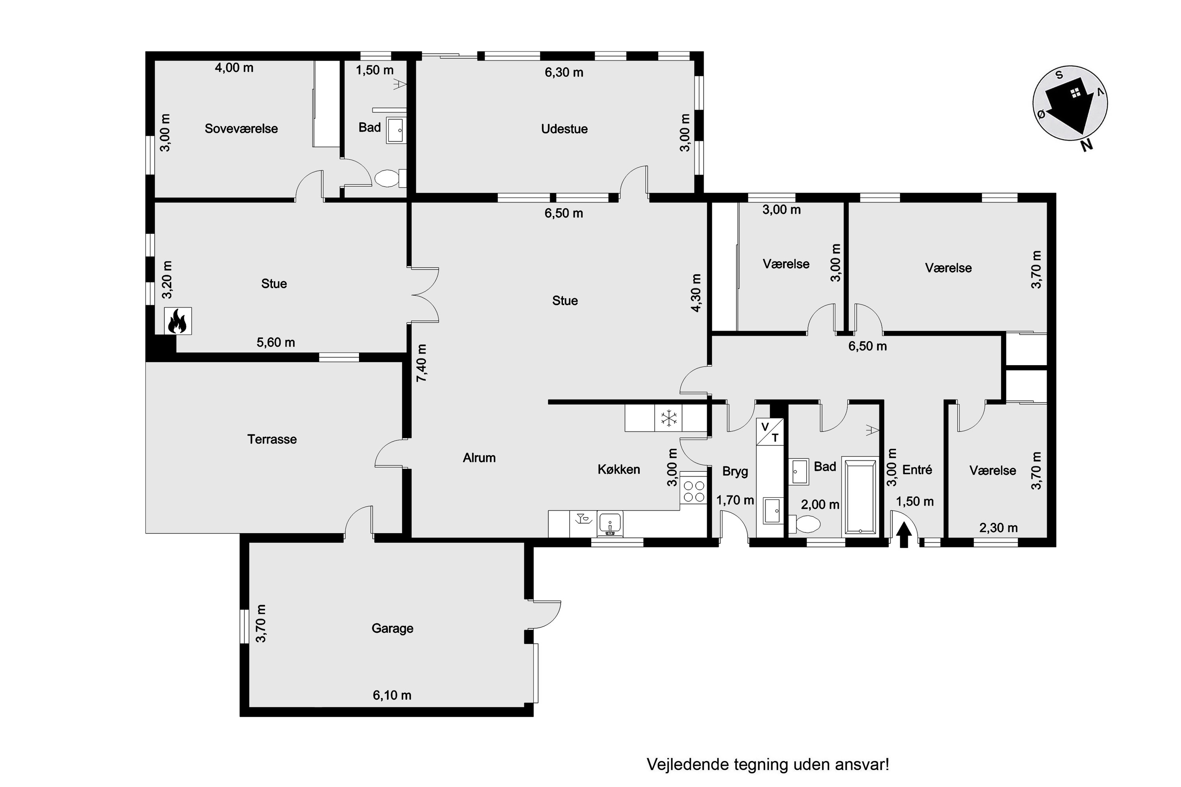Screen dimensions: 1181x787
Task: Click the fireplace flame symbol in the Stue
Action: [x=178, y=321]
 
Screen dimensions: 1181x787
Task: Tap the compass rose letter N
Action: [x=1086, y=145]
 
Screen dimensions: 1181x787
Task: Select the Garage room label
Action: [x=392, y=628]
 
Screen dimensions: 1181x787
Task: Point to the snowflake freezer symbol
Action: [x=668, y=418]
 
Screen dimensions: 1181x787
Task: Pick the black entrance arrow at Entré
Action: [x=904, y=535]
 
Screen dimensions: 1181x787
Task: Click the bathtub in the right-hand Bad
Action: [x=860, y=496]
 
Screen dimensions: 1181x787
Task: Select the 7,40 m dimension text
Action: [x=421, y=363]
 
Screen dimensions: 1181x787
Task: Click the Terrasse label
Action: [x=272, y=439]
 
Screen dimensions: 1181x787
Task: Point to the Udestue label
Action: [x=565, y=129]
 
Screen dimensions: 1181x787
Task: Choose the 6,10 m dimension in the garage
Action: [x=392, y=695]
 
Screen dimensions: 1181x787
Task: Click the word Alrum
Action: [x=479, y=458]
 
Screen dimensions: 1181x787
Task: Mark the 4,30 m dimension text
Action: [x=696, y=293]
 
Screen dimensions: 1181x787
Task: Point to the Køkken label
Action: [x=618, y=469]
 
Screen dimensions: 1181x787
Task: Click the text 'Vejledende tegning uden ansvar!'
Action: [x=768, y=765]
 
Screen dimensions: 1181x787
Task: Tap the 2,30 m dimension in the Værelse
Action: [x=998, y=528]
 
